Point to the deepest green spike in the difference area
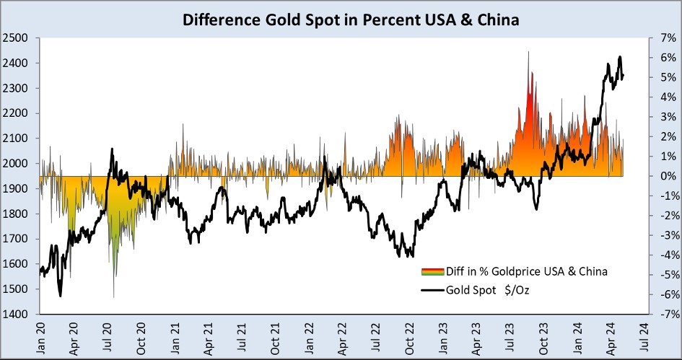[113, 297]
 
